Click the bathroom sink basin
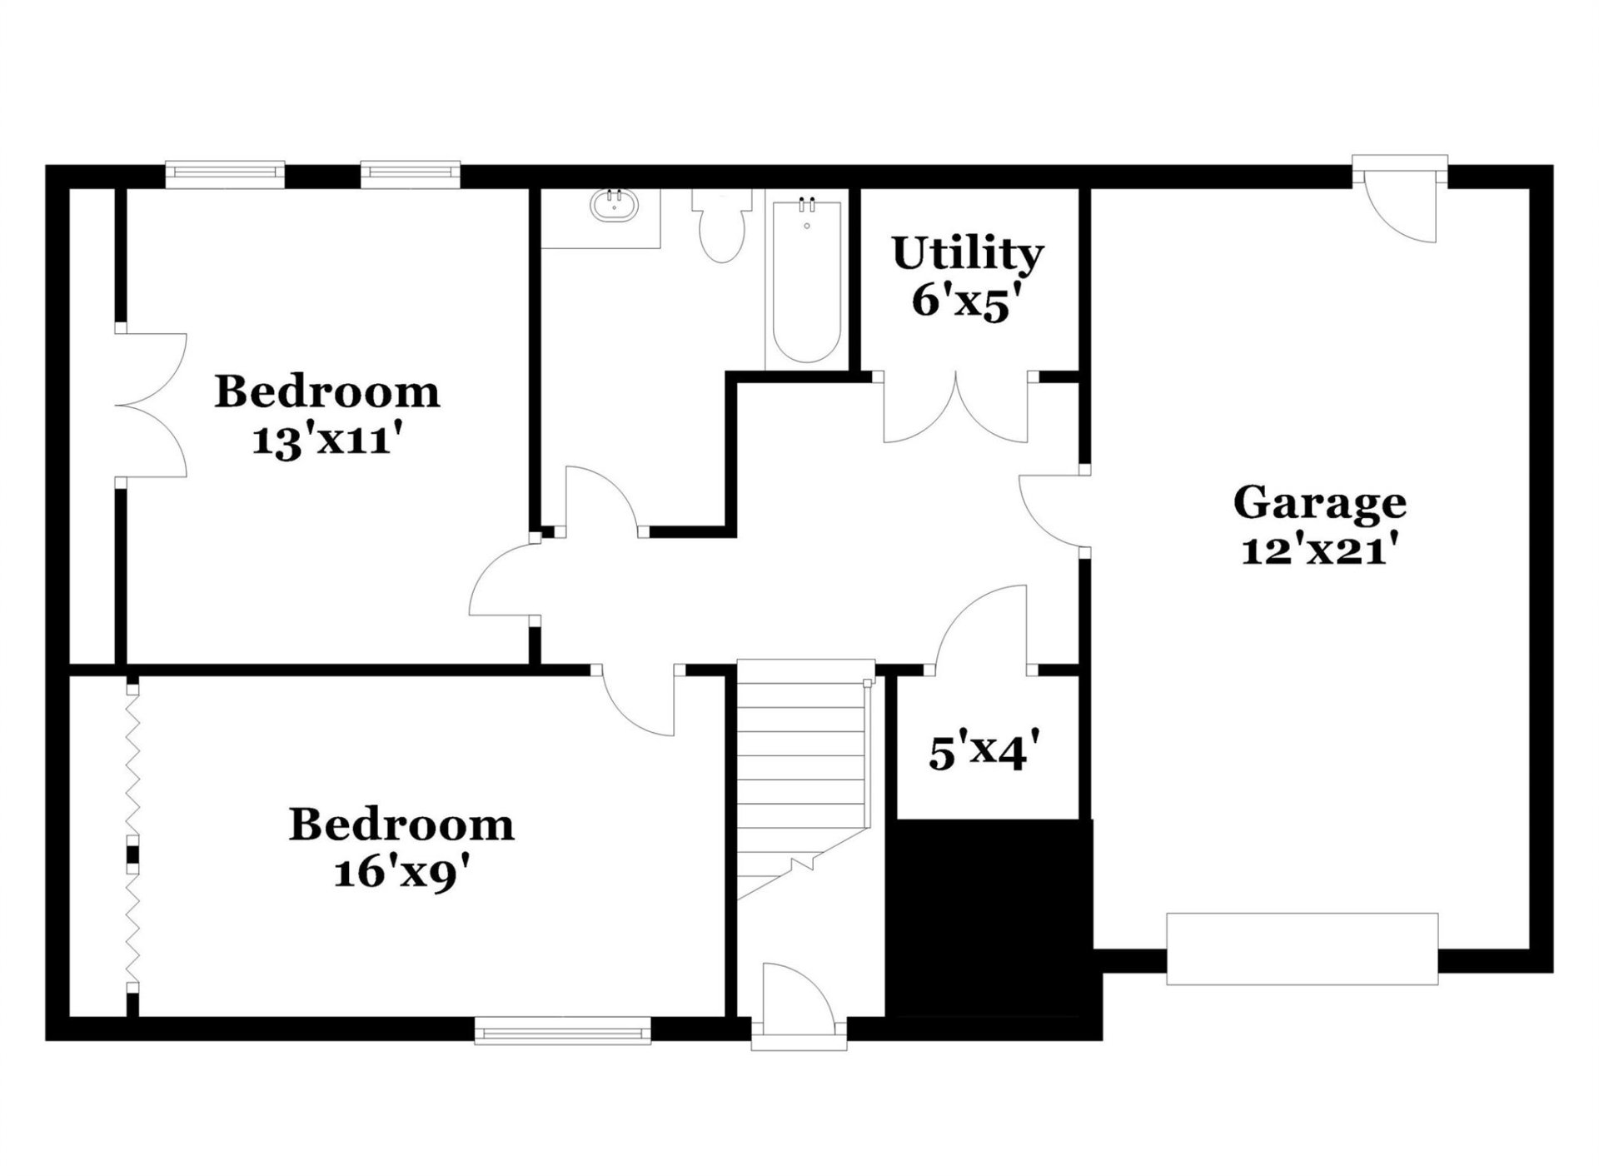coord(614,206)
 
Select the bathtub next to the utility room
coord(805,283)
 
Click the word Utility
coord(967,253)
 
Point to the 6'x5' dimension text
coord(967,301)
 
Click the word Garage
coord(1319,503)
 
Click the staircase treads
coord(801,766)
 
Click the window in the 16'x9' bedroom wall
coord(562,1031)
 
